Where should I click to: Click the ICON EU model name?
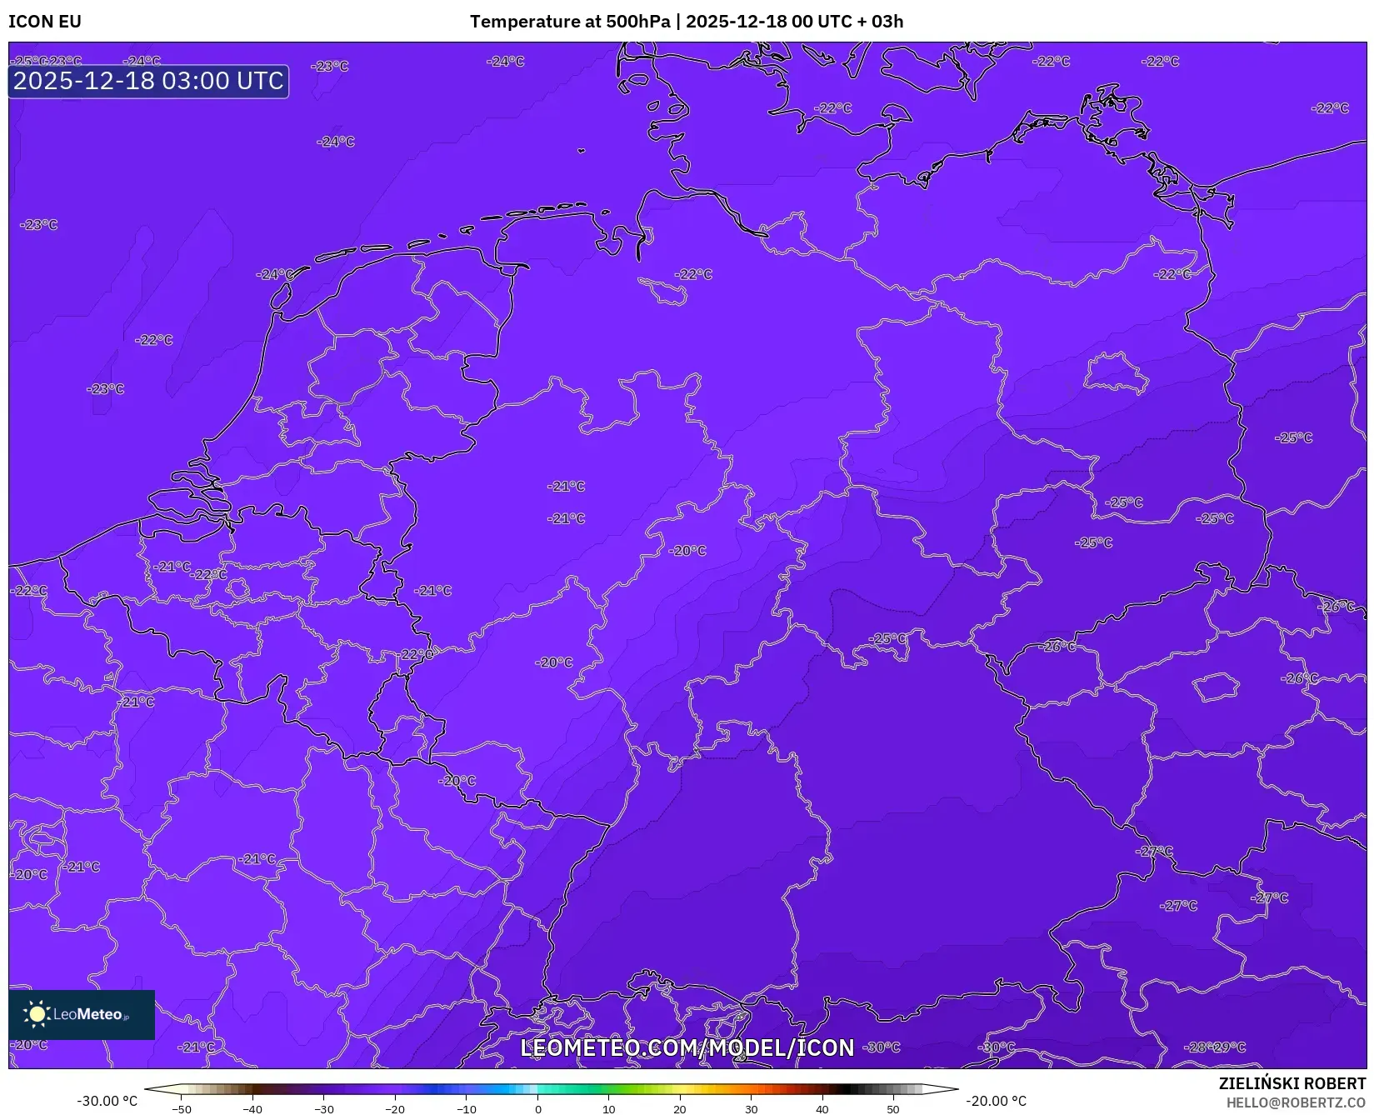(x=45, y=22)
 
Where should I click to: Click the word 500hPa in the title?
(x=637, y=22)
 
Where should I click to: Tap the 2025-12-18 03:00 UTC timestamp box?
(x=148, y=82)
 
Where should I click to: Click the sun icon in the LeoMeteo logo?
(x=37, y=1014)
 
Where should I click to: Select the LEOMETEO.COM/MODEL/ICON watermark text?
(x=687, y=1047)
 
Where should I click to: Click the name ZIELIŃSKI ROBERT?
(x=1292, y=1084)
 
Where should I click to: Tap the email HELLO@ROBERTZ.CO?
(x=1296, y=1102)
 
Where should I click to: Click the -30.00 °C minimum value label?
(x=107, y=1101)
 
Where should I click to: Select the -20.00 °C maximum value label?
(x=996, y=1101)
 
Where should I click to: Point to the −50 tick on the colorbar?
(x=182, y=1109)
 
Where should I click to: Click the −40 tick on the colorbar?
(x=252, y=1109)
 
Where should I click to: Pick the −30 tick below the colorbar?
(x=324, y=1109)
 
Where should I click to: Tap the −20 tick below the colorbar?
(x=395, y=1109)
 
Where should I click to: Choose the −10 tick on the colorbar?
(x=467, y=1109)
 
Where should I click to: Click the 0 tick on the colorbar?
(x=538, y=1109)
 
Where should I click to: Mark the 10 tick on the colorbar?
(x=609, y=1109)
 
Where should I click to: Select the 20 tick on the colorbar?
(x=680, y=1109)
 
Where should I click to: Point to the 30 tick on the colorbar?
(x=752, y=1109)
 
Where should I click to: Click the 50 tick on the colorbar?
(x=893, y=1109)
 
